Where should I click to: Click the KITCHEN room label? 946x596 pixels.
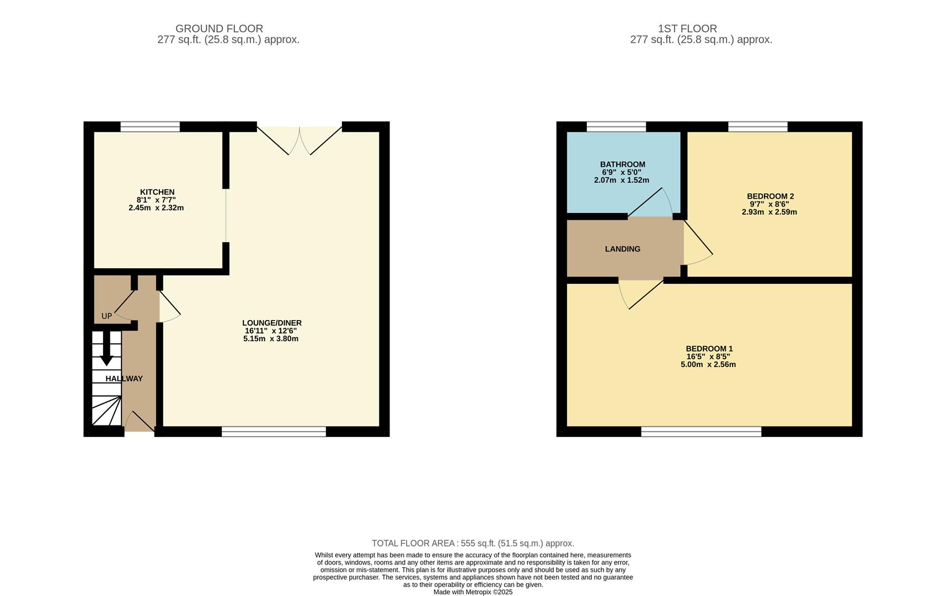[157, 192]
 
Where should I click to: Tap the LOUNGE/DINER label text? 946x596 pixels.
[271, 323]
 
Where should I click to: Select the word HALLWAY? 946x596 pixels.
[124, 379]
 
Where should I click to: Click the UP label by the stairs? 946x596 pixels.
[106, 316]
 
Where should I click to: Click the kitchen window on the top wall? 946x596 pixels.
[150, 127]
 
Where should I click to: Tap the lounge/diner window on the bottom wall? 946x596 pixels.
[274, 432]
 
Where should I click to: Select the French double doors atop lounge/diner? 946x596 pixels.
[300, 139]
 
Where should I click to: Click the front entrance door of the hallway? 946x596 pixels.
[139, 423]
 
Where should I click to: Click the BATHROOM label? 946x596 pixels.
[622, 164]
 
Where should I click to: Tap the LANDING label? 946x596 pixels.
[622, 249]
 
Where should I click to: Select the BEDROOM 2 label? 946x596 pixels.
[770, 196]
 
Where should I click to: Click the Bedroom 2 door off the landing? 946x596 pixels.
[697, 243]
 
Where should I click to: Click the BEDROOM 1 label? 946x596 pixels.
[709, 349]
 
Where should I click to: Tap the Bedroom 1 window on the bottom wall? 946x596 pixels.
[701, 432]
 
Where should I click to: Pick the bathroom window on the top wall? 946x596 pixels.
[616, 127]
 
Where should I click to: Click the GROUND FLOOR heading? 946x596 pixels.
[219, 28]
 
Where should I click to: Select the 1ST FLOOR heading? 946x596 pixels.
[687, 28]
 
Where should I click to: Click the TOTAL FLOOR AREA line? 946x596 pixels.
[473, 543]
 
